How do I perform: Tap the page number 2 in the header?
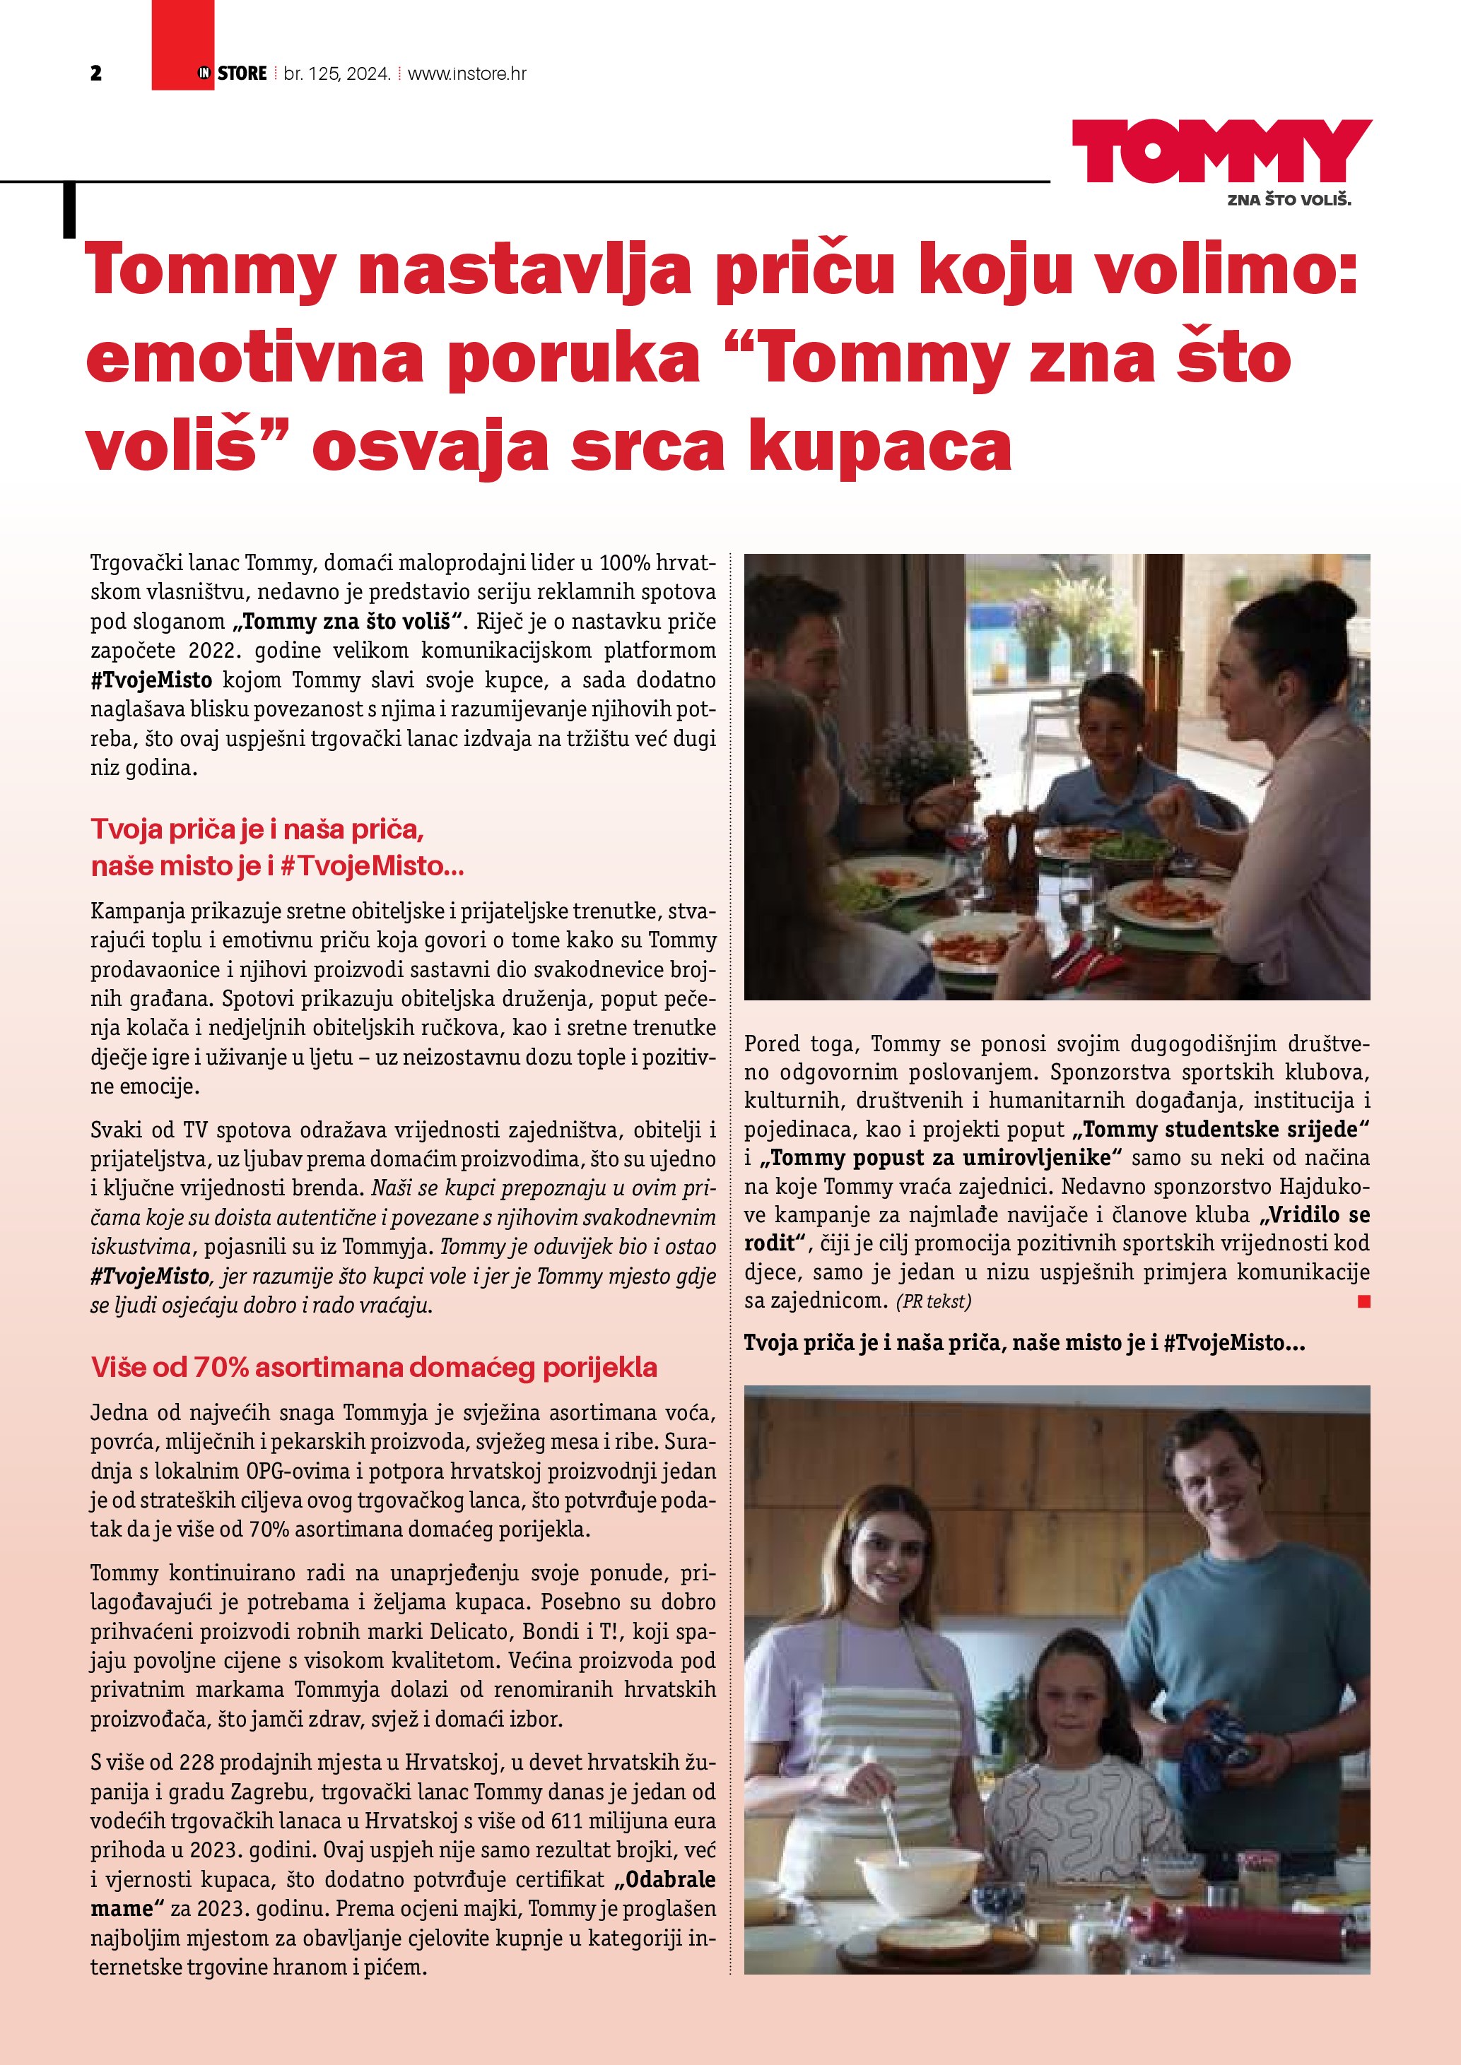(x=96, y=73)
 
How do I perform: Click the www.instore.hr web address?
(x=467, y=73)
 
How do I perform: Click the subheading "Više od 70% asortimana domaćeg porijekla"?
(x=374, y=1368)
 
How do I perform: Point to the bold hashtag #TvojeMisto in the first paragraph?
(x=151, y=679)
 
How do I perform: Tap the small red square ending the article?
(x=1364, y=1301)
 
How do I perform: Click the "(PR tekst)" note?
(x=933, y=1301)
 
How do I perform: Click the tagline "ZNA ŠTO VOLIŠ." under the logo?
(x=1289, y=200)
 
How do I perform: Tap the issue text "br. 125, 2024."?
(x=336, y=73)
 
